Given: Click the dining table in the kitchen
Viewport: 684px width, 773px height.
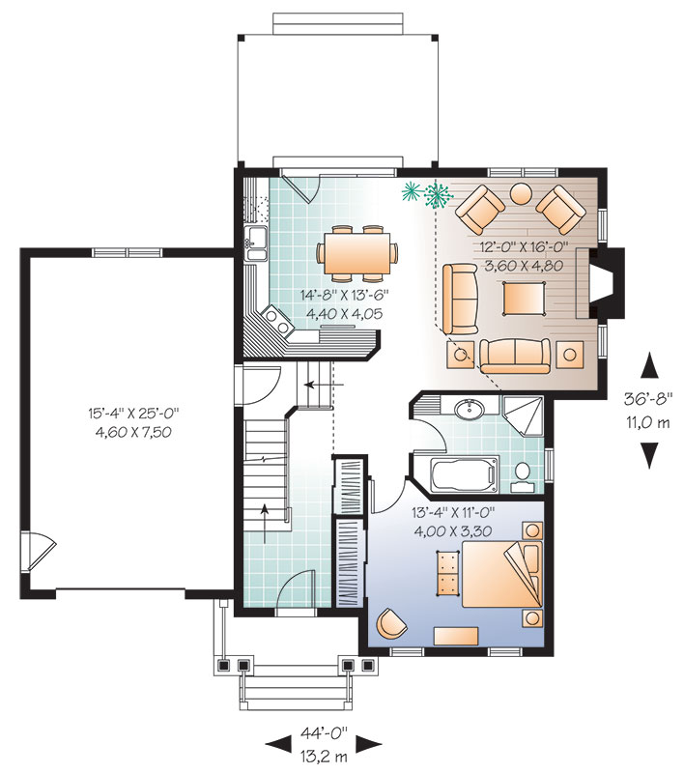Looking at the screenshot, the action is tap(357, 253).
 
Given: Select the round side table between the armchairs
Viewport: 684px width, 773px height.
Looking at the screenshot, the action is tap(520, 194).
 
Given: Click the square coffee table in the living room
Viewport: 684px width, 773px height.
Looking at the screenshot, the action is tap(524, 298).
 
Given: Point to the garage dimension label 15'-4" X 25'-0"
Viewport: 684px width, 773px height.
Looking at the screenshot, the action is tap(133, 414).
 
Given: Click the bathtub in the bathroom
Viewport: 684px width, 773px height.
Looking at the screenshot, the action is tap(463, 475).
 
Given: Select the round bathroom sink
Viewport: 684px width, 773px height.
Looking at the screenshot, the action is tap(470, 408).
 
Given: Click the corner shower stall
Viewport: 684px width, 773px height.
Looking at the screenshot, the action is tap(523, 415).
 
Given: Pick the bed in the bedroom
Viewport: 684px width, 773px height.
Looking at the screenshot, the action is tap(501, 574).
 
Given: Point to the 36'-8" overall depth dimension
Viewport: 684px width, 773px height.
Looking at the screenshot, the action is tap(648, 399).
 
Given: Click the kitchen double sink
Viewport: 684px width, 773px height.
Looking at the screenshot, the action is tap(256, 243).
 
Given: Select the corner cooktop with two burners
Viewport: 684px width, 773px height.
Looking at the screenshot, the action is tap(276, 321).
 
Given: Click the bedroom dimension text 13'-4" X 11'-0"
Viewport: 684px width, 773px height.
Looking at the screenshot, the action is tap(453, 513).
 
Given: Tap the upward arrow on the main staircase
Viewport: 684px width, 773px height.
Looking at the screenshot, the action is tap(265, 523).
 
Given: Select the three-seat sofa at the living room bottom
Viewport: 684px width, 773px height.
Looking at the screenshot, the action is tap(515, 356).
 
